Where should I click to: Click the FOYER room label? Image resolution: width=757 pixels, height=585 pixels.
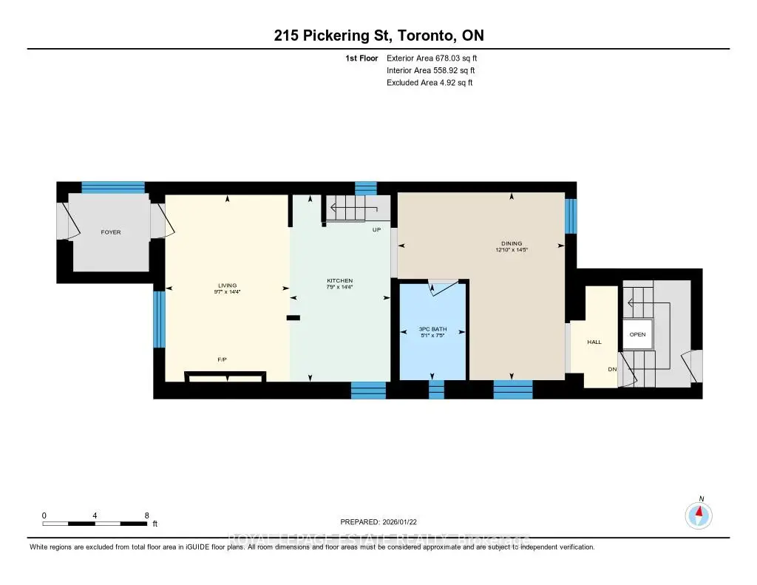pyautogui.click(x=111, y=232)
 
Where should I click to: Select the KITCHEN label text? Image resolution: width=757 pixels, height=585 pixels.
pyautogui.click(x=340, y=280)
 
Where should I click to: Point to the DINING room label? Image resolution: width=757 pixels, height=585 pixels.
pyautogui.click(x=511, y=243)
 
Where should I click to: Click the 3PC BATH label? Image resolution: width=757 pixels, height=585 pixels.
pyautogui.click(x=432, y=328)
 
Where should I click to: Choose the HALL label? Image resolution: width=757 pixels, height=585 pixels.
pyautogui.click(x=594, y=342)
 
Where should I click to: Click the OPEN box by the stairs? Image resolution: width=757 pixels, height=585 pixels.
pyautogui.click(x=637, y=334)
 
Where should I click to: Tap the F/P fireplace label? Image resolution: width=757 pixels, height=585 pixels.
pyautogui.click(x=222, y=359)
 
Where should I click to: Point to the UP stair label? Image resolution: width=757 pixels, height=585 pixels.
pyautogui.click(x=376, y=230)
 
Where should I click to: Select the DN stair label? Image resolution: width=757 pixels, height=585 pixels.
pyautogui.click(x=612, y=369)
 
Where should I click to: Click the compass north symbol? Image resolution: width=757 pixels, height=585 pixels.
pyautogui.click(x=699, y=514)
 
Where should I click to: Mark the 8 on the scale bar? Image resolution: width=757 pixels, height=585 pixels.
pyautogui.click(x=146, y=515)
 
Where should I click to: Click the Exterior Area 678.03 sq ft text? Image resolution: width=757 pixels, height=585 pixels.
pyautogui.click(x=437, y=58)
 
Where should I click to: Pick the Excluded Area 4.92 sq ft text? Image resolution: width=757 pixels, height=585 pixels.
pyautogui.click(x=430, y=83)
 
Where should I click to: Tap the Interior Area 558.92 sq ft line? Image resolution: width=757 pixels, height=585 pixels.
pyautogui.click(x=431, y=70)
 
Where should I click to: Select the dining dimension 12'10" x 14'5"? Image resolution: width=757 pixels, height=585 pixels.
pyautogui.click(x=512, y=250)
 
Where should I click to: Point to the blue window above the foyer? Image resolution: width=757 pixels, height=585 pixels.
pyautogui.click(x=112, y=187)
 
